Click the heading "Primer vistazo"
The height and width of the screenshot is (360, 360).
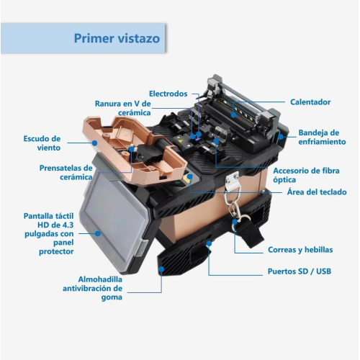(x=117, y=38)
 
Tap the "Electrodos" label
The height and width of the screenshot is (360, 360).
(x=168, y=94)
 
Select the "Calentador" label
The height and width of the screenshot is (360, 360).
(x=310, y=102)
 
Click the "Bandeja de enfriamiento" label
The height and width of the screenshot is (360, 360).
(x=322, y=137)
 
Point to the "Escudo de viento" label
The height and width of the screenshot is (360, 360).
(x=42, y=143)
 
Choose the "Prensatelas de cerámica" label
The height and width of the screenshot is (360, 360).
(x=66, y=172)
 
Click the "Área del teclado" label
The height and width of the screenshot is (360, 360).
(x=317, y=192)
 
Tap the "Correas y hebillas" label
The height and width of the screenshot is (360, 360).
(x=300, y=250)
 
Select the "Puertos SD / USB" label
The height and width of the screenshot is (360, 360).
(x=300, y=271)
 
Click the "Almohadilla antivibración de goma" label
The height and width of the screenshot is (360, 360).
(x=93, y=288)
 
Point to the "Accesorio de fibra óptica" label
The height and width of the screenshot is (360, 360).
(x=306, y=175)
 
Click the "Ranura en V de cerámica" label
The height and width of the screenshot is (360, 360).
(x=123, y=108)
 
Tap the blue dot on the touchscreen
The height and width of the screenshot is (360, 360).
(x=98, y=233)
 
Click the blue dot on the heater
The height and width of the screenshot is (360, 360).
(x=233, y=114)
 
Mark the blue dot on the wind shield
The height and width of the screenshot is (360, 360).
(x=94, y=143)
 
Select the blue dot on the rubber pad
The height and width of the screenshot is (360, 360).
(x=161, y=269)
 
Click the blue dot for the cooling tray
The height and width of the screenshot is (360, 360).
(x=281, y=137)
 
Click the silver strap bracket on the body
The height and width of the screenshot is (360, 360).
(x=232, y=181)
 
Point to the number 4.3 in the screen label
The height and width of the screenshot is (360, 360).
(x=67, y=225)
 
